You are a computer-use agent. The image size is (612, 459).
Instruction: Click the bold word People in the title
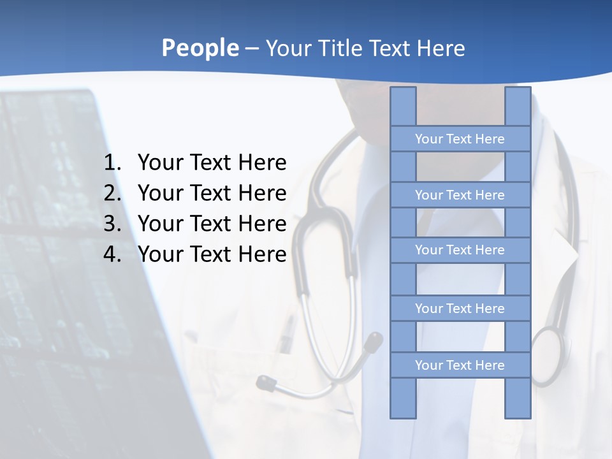(x=200, y=48)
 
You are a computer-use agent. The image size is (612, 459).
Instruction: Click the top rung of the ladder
(x=460, y=139)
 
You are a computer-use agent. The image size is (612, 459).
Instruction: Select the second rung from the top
(x=460, y=195)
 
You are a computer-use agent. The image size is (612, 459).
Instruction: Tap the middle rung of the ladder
(x=460, y=250)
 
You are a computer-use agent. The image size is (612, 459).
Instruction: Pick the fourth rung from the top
(x=460, y=309)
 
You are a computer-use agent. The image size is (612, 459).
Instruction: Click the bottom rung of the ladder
(x=460, y=365)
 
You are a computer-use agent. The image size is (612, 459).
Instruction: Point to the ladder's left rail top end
(x=403, y=91)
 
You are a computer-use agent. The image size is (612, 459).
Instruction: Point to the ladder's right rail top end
(x=518, y=91)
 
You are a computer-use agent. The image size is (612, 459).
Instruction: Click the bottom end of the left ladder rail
(x=403, y=414)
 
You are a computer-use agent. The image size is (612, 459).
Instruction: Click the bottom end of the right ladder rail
(x=518, y=414)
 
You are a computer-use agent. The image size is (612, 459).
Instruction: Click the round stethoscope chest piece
(x=548, y=354)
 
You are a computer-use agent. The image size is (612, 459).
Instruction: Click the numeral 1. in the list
(x=112, y=163)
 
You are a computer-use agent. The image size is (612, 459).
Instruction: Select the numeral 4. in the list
(x=112, y=254)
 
